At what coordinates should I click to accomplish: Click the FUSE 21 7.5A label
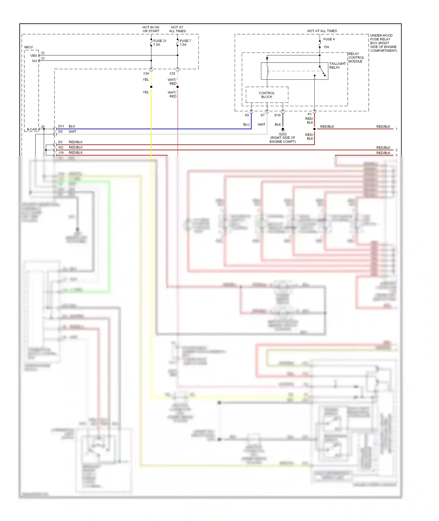160,43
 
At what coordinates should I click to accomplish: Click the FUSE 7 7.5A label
185,43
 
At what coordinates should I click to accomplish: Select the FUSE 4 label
329,39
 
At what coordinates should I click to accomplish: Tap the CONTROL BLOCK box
267,95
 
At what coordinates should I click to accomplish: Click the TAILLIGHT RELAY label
337,66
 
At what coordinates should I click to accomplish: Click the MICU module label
28,47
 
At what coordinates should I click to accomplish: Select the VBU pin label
34,56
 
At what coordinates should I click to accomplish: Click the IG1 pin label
35,61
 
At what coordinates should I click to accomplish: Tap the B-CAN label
32,129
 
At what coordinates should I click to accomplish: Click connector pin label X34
146,73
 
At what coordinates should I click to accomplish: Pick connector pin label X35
172,73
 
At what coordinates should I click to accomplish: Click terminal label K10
277,115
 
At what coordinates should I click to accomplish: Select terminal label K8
247,115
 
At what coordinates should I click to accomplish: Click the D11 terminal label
61,126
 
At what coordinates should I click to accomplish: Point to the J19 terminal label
61,153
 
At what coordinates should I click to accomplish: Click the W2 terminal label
61,147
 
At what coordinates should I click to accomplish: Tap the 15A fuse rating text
326,47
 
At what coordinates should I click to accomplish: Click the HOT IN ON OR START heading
151,29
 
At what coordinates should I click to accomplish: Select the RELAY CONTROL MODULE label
356,58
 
